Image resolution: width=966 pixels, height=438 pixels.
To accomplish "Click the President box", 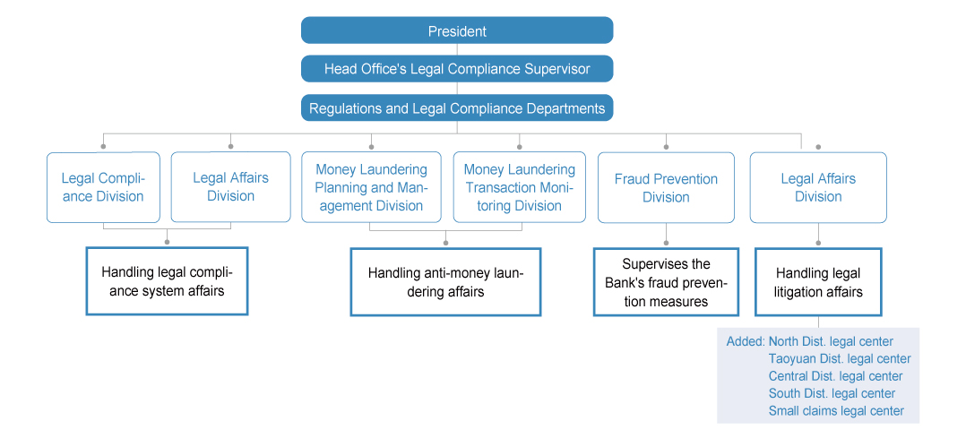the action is point(457,30).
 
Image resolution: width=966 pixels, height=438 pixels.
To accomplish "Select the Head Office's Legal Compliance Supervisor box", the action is point(457,68).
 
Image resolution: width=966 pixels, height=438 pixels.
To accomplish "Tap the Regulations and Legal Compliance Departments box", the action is point(457,107).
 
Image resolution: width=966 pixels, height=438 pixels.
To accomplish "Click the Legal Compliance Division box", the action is point(104,187).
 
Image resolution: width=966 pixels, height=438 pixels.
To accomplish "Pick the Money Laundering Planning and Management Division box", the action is point(372,187).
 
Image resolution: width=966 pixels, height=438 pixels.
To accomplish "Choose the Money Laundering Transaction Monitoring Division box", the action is point(520,187).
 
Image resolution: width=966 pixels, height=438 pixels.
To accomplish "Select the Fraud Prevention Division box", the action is point(666,188).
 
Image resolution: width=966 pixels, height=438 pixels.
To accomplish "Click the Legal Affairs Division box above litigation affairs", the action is point(818,188).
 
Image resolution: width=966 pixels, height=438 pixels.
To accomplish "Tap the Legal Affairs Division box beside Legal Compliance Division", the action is point(230,186).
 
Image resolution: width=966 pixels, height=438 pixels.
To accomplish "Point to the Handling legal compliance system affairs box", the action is point(167,281).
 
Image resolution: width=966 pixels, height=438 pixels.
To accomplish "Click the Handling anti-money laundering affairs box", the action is point(445,282).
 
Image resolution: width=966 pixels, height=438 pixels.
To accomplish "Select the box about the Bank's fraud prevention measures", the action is point(666,282).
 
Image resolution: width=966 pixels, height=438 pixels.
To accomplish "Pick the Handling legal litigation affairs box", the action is point(818,282).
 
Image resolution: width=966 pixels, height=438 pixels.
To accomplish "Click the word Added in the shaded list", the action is point(746,341).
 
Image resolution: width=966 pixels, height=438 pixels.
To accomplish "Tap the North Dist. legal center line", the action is point(831,341).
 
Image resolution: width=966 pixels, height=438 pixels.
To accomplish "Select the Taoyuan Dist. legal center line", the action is point(840,358).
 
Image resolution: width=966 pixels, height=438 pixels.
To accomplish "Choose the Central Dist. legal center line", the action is point(835,376).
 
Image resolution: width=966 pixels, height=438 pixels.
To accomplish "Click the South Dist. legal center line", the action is point(832,393).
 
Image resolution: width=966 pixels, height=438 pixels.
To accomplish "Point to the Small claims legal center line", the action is point(837,411).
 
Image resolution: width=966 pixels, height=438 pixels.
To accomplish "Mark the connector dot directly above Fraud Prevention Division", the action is point(666,147).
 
